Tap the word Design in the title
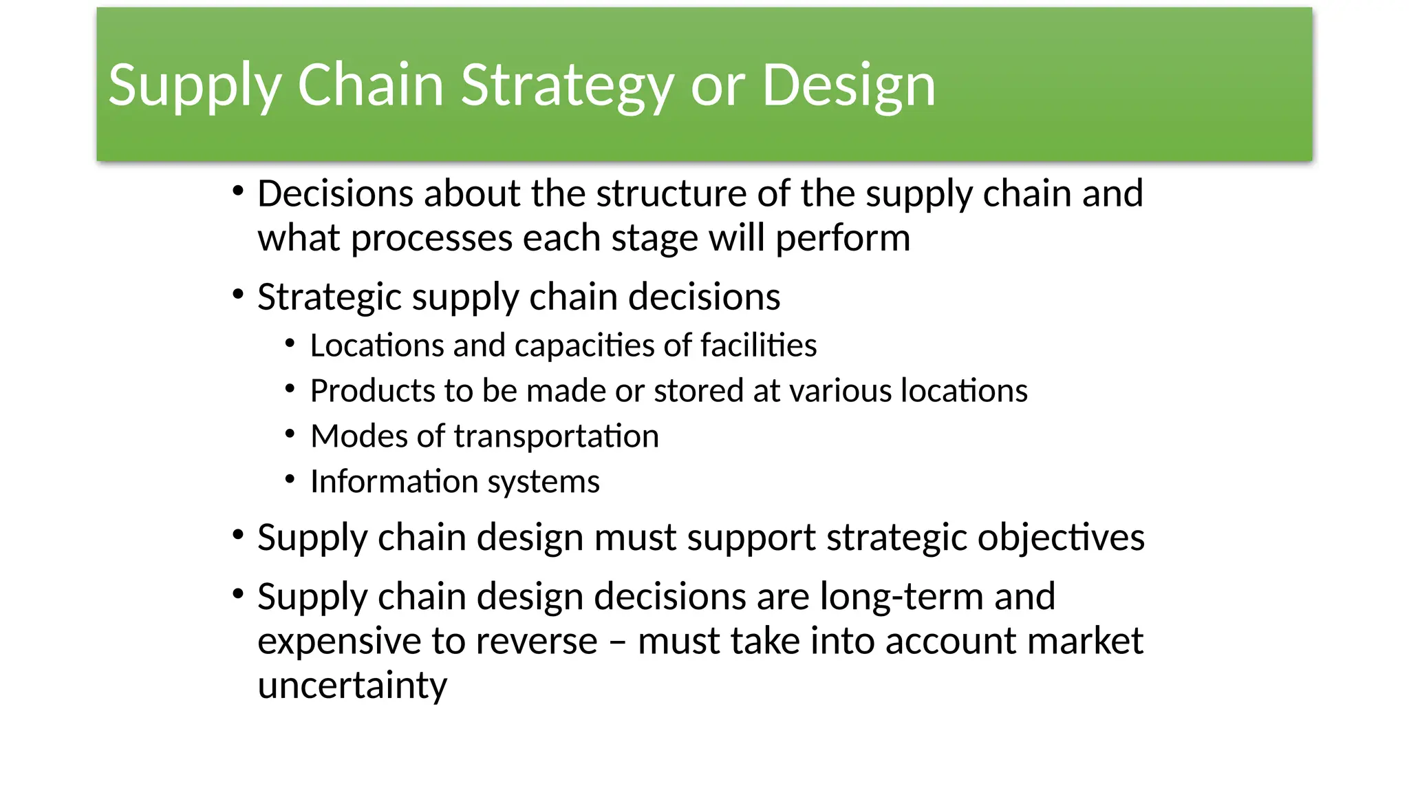(848, 85)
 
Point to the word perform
(842, 238)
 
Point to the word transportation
(556, 436)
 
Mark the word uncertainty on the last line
(352, 686)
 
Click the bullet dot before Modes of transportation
(290, 434)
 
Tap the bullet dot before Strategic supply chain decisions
(238, 295)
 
